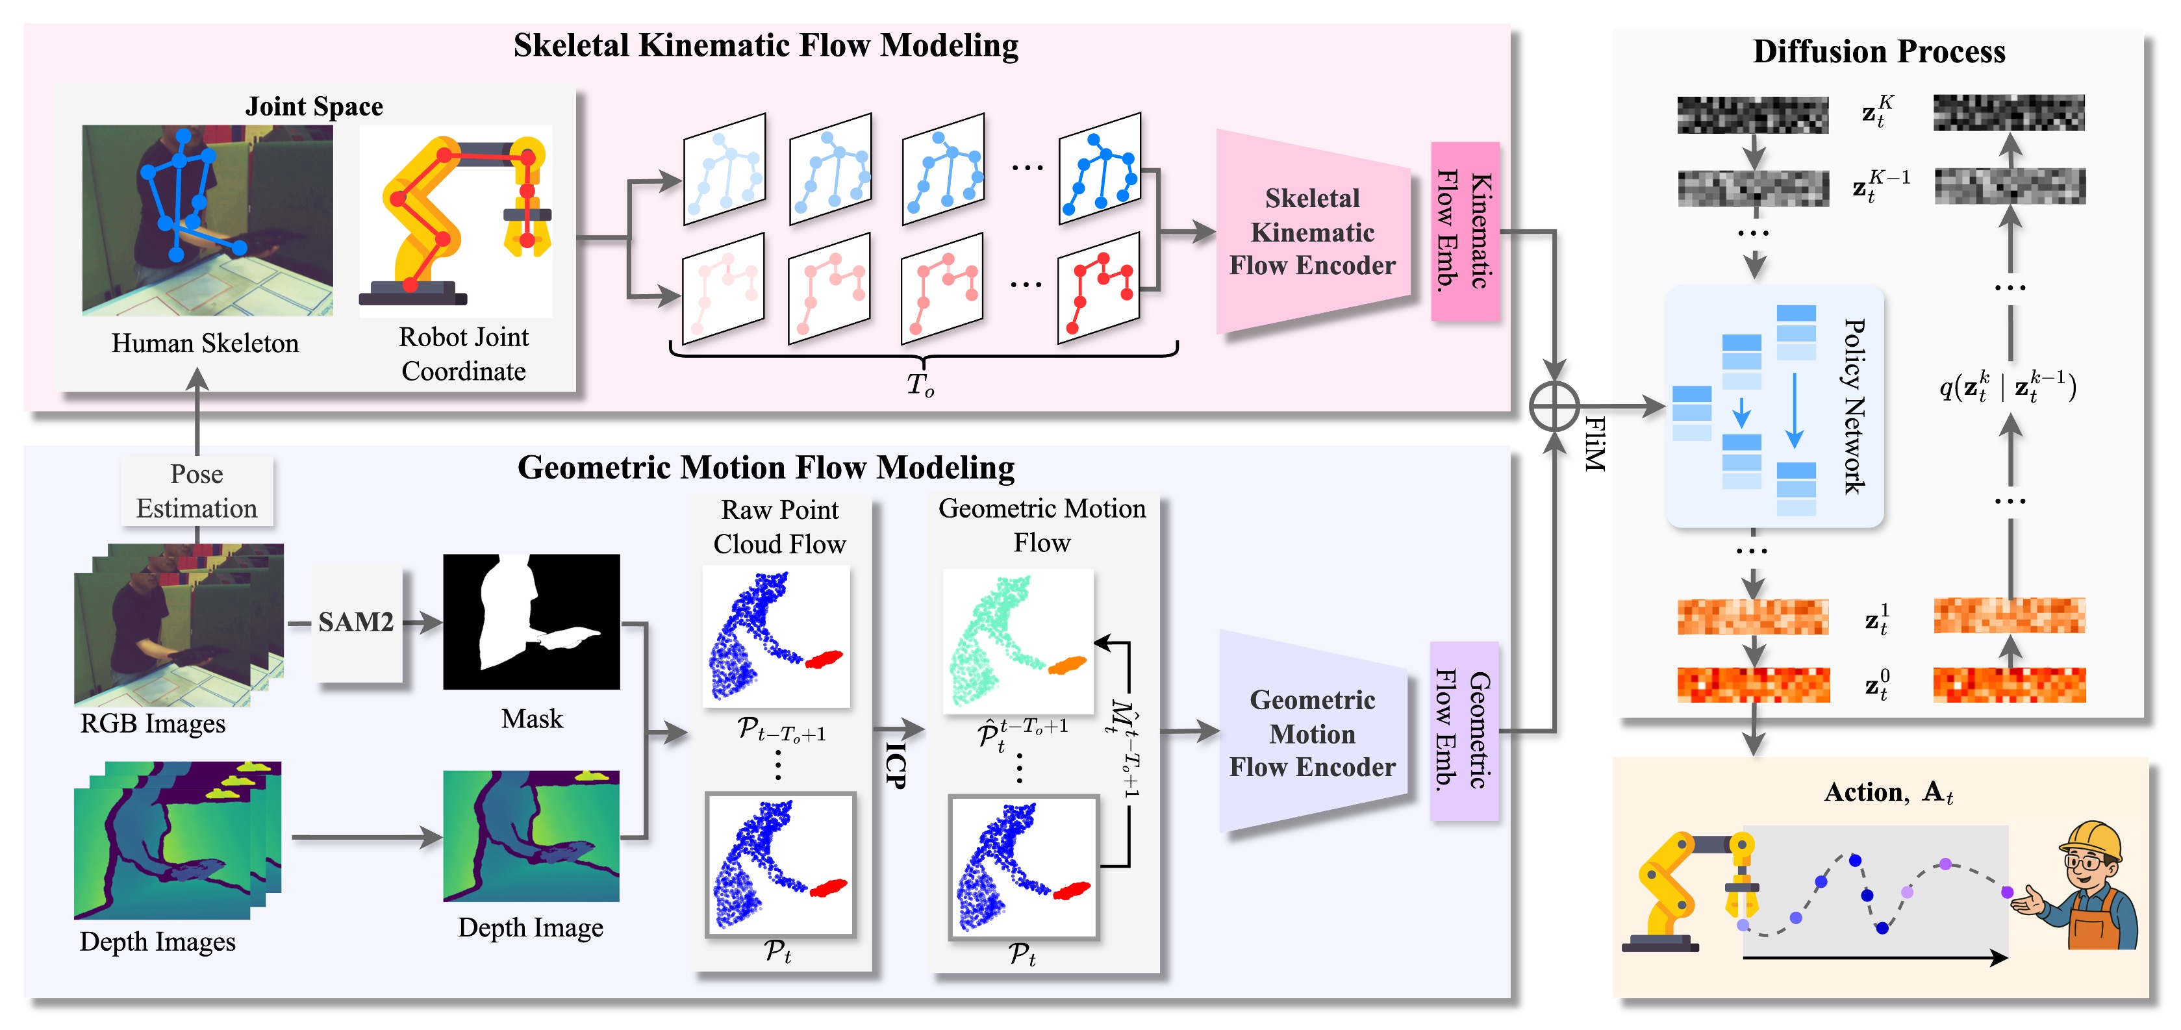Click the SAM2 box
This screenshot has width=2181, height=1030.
pos(357,623)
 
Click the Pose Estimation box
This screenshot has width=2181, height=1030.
pos(196,491)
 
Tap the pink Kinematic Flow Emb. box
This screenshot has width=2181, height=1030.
pos(1465,231)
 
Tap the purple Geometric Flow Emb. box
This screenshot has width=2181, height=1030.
pos(1464,731)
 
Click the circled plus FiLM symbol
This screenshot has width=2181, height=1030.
pos(1554,407)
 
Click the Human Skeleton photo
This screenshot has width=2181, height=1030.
pos(207,220)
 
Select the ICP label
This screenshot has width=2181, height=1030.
pos(895,765)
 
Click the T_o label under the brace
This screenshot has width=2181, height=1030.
pos(920,384)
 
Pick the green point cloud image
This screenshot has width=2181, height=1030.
pos(1018,642)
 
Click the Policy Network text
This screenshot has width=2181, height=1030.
pos(1854,407)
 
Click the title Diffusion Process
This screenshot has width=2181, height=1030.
pos(1878,51)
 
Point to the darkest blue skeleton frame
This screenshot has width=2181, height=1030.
pos(1099,170)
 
